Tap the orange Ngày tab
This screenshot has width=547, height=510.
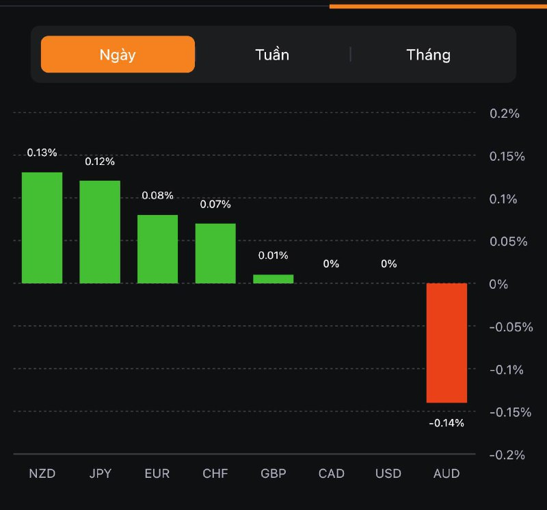tap(118, 55)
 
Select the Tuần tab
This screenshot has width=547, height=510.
tap(272, 55)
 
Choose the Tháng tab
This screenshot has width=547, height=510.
tap(429, 55)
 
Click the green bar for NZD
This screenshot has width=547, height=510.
tap(42, 228)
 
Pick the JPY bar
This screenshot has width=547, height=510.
tap(100, 232)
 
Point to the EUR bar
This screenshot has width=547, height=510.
tap(157, 249)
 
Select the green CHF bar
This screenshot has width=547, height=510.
tap(215, 253)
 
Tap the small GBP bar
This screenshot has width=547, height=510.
tap(273, 279)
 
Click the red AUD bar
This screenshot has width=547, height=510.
tap(446, 342)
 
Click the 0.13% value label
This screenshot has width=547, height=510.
tap(42, 153)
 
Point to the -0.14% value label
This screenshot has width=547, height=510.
tap(446, 423)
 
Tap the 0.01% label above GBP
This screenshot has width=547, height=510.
tap(273, 255)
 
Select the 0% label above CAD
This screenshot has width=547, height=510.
tap(331, 264)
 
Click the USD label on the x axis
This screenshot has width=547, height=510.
tap(388, 474)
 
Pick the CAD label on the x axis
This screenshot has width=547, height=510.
tap(332, 474)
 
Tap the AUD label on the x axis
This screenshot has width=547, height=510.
tap(446, 474)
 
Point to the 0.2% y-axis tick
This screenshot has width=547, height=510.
tap(505, 114)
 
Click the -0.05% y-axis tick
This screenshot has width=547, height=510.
tap(511, 327)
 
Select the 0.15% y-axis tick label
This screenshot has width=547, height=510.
tap(507, 157)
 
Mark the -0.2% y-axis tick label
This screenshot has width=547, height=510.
tap(507, 455)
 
